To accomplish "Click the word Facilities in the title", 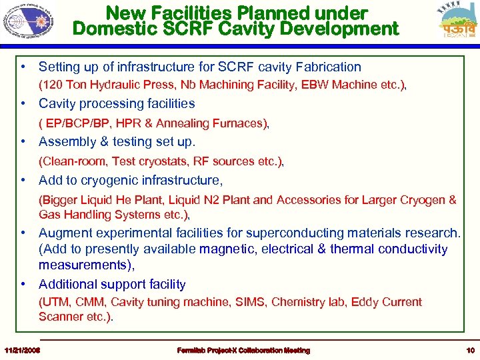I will pyautogui.click(x=197, y=13).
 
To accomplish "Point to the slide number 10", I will pyautogui.click(x=469, y=351).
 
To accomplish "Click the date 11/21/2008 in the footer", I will pyautogui.click(x=21, y=351).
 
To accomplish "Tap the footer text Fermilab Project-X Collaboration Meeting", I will pyautogui.click(x=243, y=351).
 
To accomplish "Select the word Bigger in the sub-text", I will pyautogui.click(x=59, y=200).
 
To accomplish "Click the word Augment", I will pyautogui.click(x=64, y=233).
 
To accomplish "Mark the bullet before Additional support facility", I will pyautogui.click(x=23, y=284).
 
